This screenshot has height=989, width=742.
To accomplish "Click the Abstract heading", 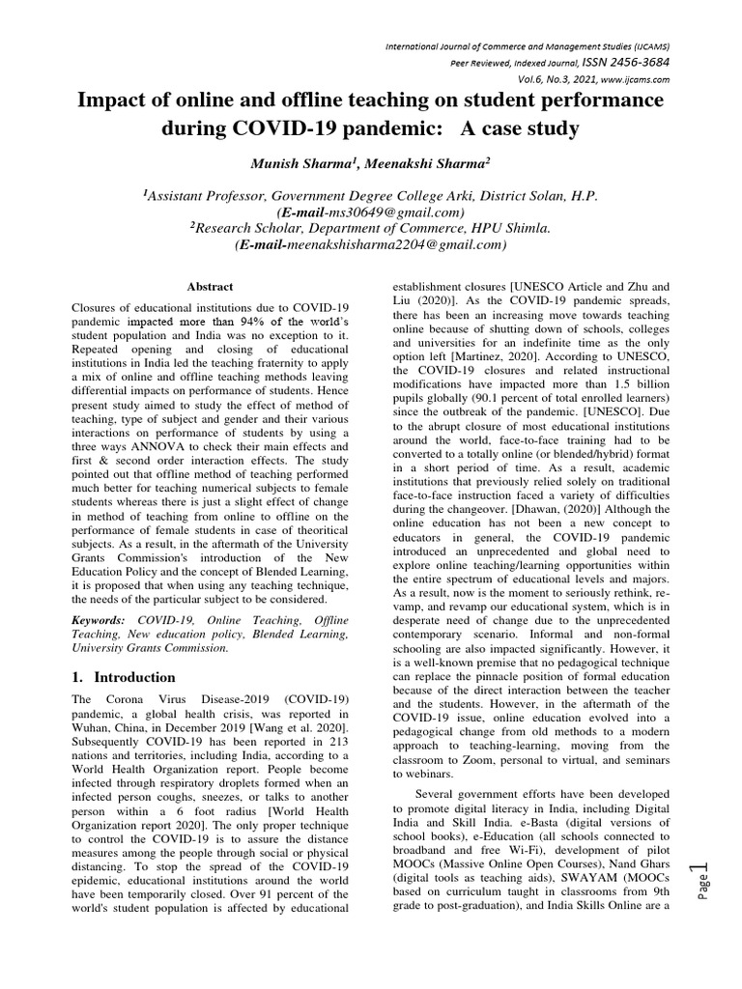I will tap(211, 287).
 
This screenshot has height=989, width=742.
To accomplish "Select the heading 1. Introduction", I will tap(124, 677).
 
